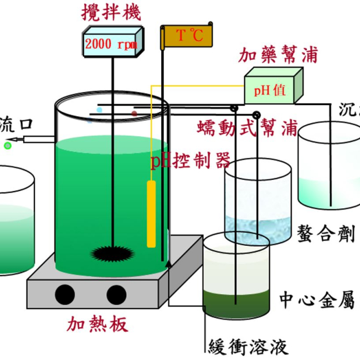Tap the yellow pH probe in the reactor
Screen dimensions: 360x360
pyautogui.click(x=151, y=213)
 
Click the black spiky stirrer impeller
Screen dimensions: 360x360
pyautogui.click(x=113, y=254)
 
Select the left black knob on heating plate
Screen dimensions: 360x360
pyautogui.click(x=65, y=294)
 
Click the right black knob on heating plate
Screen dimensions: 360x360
pyautogui.click(x=117, y=294)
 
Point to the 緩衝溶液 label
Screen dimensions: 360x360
pyautogui.click(x=248, y=347)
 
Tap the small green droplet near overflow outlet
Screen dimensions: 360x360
pyautogui.click(x=8, y=146)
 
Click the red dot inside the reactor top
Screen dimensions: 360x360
pyautogui.click(x=134, y=114)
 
